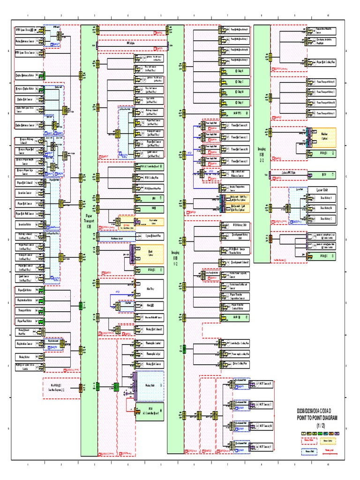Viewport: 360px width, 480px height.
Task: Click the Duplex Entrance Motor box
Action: tap(29, 75)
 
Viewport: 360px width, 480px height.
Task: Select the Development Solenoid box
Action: tap(240, 261)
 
